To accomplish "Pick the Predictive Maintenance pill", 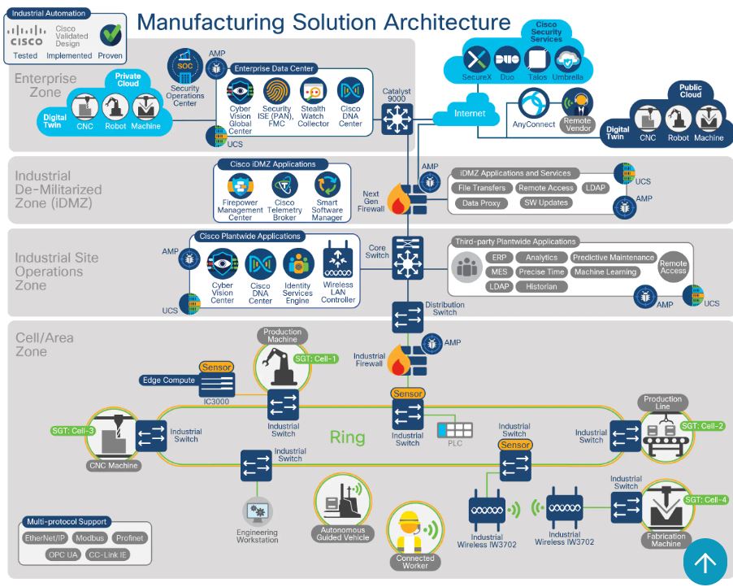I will (x=614, y=258).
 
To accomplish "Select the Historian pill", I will (x=541, y=287).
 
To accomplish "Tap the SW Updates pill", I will (x=544, y=202).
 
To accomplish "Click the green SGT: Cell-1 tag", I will (x=315, y=359).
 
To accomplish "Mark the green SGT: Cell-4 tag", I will (x=705, y=500).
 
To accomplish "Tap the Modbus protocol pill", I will (x=90, y=538).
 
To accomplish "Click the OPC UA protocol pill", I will (x=65, y=554).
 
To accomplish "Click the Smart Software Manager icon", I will (x=327, y=186).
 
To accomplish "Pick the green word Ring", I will (x=347, y=437).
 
